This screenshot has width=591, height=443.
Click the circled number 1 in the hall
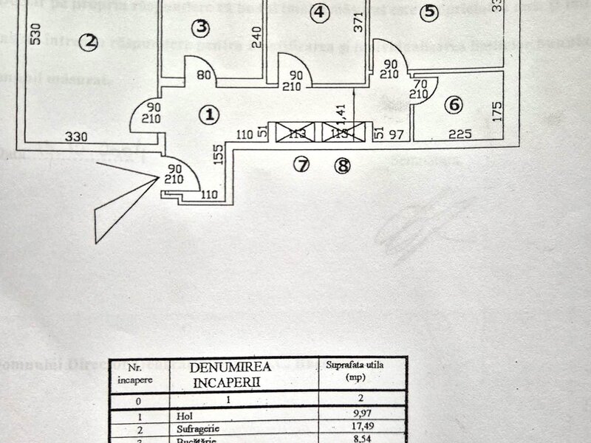pyautogui.click(x=210, y=114)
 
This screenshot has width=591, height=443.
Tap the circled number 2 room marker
pyautogui.click(x=89, y=43)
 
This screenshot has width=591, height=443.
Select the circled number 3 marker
pyautogui.click(x=200, y=28)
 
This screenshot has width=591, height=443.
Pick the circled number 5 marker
pyautogui.click(x=430, y=13)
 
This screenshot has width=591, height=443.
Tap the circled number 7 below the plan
pyautogui.click(x=300, y=165)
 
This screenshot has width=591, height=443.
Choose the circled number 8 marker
pyautogui.click(x=341, y=165)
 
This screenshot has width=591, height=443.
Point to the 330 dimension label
pyautogui.click(x=75, y=137)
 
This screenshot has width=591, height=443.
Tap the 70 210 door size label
pyautogui.click(x=421, y=90)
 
